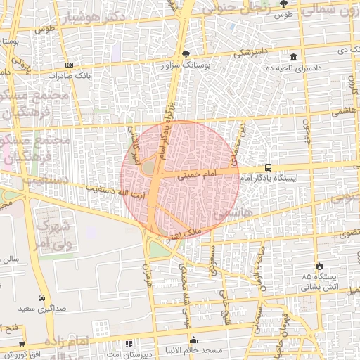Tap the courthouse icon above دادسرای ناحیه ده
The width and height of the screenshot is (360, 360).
pyautogui.click(x=292, y=57)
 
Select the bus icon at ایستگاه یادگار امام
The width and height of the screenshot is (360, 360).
pyautogui.click(x=269, y=168)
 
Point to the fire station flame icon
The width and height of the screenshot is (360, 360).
pyautogui.click(x=320, y=266)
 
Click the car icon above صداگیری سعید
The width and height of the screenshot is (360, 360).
pyautogui.click(x=41, y=297)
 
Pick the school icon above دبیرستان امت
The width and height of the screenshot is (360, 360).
pyautogui.click(x=128, y=344)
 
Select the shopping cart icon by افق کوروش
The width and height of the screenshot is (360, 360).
pyautogui.click(x=22, y=344)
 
